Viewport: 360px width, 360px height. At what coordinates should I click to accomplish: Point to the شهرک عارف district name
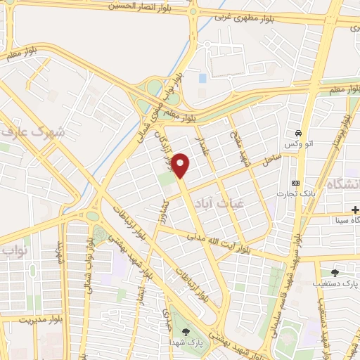click(x=34, y=131)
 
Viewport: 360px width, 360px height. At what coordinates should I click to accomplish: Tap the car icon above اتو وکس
click(x=298, y=133)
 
